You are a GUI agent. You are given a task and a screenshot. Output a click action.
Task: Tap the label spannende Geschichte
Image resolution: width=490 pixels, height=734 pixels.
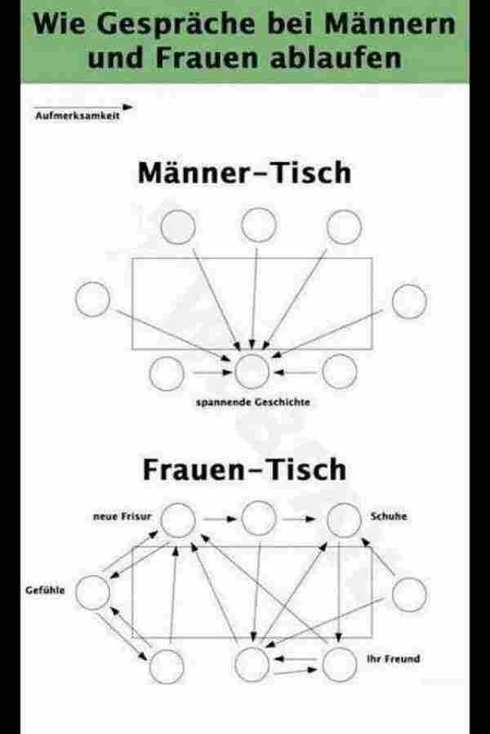[x=252, y=401]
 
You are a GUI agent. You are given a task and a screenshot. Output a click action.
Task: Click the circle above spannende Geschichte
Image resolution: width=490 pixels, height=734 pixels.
[x=252, y=371]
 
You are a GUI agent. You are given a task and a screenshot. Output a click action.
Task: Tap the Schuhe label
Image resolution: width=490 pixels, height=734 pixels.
[x=389, y=516]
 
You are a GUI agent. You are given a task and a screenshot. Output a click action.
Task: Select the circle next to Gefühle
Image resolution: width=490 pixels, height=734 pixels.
[x=92, y=592]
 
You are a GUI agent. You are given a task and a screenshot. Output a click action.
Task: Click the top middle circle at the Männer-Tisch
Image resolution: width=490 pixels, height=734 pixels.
[x=258, y=226]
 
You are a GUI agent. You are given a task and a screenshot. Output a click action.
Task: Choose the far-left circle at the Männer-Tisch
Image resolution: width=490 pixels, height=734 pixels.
[x=92, y=299]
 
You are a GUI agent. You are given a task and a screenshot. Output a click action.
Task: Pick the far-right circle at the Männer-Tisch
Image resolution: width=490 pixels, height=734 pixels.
[x=409, y=302]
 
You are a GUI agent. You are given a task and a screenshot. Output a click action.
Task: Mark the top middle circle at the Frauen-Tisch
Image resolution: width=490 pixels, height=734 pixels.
[x=258, y=516]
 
